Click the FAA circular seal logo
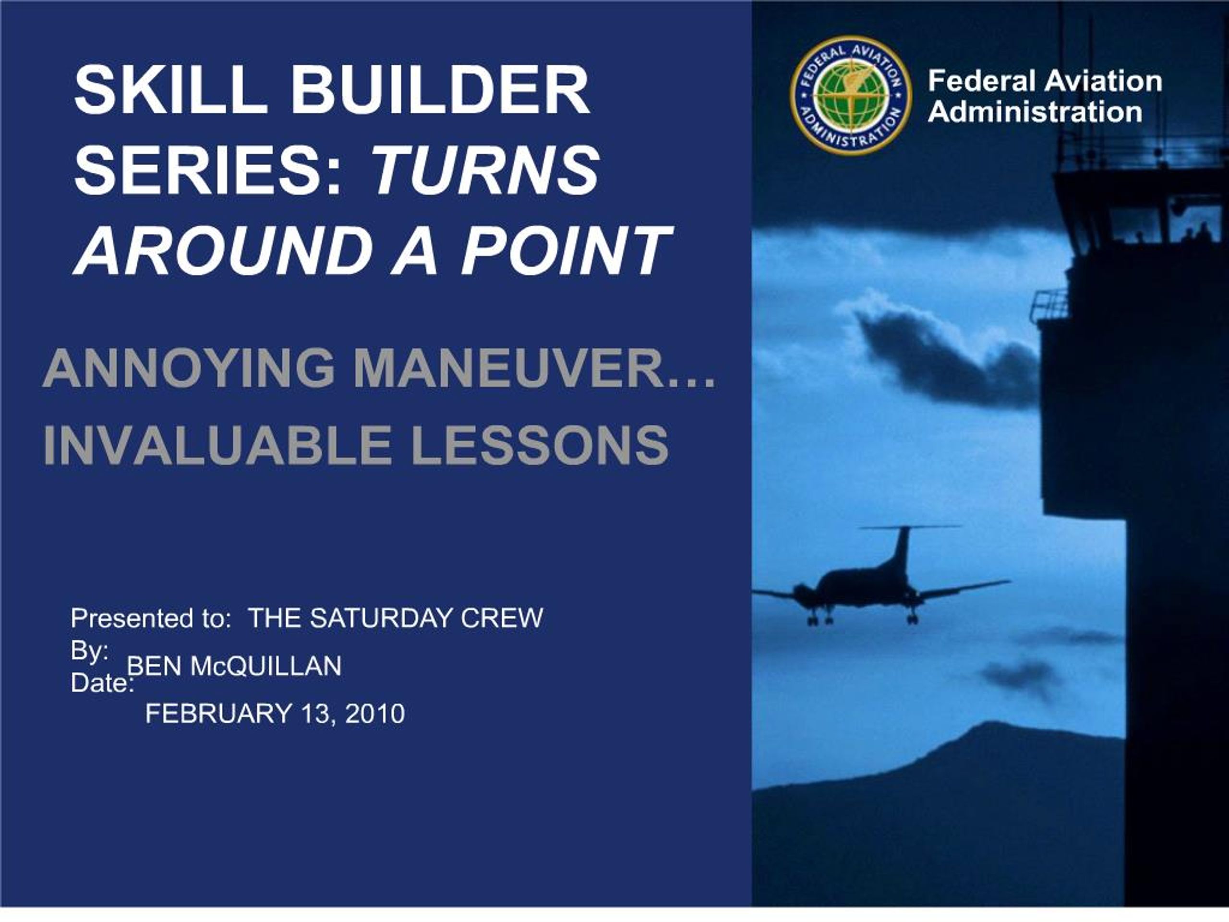(851, 95)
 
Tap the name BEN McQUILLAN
(234, 666)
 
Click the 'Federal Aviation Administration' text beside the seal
(1045, 96)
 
